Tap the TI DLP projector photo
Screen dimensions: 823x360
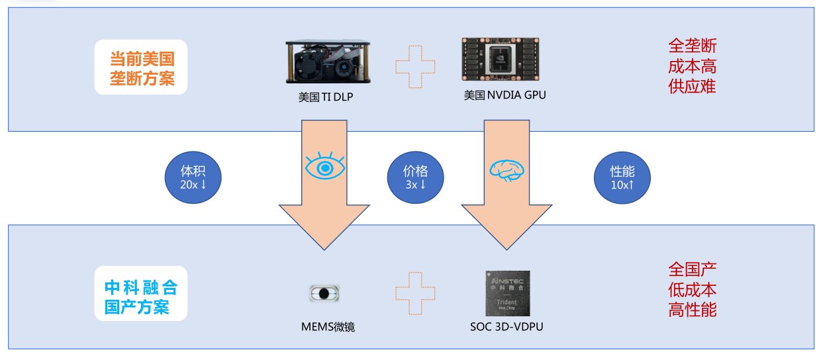(x=328, y=62)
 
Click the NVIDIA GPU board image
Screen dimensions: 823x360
(x=501, y=59)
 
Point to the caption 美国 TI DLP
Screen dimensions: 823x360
(x=326, y=97)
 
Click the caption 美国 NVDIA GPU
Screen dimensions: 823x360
(x=505, y=95)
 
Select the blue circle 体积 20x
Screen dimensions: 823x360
(x=193, y=177)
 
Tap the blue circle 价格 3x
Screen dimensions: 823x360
(x=416, y=177)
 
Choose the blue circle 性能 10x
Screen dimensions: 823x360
(x=622, y=177)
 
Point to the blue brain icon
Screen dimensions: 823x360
(x=507, y=171)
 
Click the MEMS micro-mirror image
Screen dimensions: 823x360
(x=324, y=293)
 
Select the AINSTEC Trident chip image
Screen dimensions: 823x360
(x=508, y=293)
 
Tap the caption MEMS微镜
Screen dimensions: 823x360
(x=328, y=326)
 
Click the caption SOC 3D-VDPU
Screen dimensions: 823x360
(x=507, y=326)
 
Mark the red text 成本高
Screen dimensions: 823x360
(x=692, y=66)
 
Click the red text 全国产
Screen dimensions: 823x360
(x=692, y=269)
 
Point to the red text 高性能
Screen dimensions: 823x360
(x=692, y=309)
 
